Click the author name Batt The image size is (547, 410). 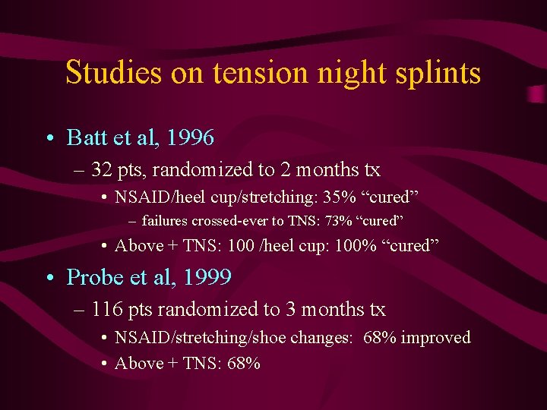coord(86,137)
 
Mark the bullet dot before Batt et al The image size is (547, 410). coord(49,138)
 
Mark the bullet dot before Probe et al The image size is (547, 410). coord(49,279)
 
